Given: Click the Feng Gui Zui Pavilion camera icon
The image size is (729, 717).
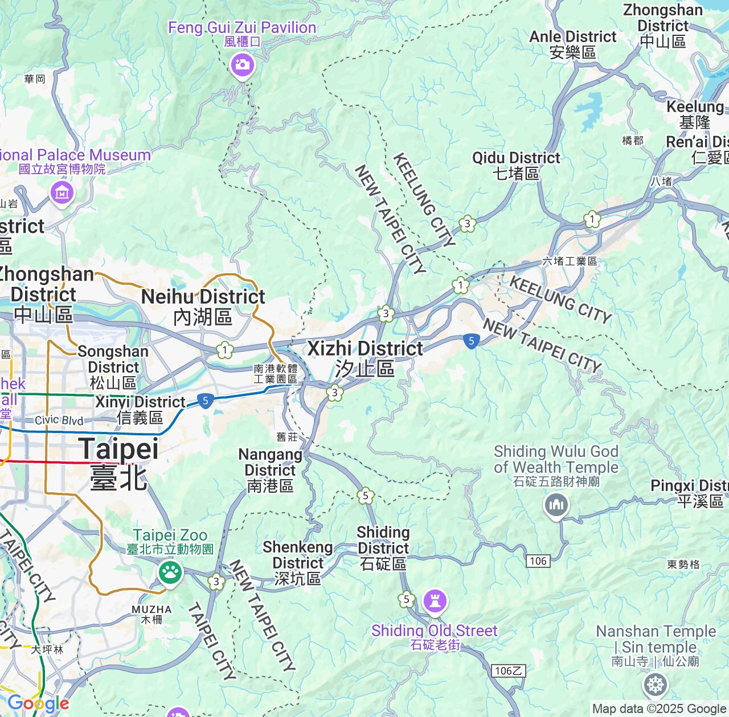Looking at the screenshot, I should (x=243, y=64).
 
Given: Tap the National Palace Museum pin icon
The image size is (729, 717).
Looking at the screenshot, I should (x=62, y=193).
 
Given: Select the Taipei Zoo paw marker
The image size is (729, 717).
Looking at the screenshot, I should (x=170, y=571).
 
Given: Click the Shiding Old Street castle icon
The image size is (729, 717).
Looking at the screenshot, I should (x=435, y=601).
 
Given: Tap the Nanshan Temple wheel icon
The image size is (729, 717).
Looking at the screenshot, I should (x=655, y=685).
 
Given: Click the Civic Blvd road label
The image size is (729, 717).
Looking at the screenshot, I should (x=59, y=421).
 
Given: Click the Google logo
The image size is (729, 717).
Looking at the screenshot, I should (x=38, y=703).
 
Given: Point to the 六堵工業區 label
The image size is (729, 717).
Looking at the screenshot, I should (x=570, y=261).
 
